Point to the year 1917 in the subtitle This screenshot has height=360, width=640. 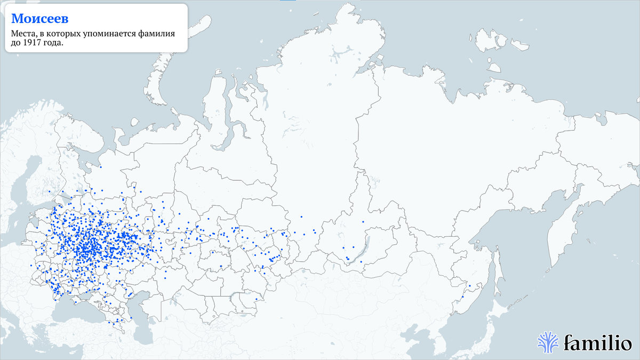pyautogui.click(x=33, y=44)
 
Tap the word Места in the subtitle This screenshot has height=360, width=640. pyautogui.click(x=23, y=35)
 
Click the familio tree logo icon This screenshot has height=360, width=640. pyautogui.click(x=548, y=342)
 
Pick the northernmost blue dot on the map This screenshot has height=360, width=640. pyautogui.click(x=100, y=166)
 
